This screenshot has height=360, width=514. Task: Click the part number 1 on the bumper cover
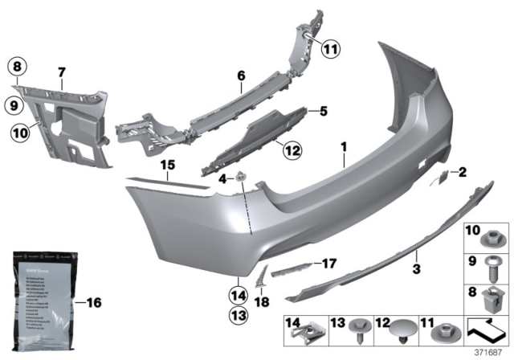coord(344,148)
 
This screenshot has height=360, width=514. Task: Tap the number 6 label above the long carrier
coord(239,76)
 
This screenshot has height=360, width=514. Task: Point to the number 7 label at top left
coord(60,73)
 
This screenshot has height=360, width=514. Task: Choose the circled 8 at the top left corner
coord(18,67)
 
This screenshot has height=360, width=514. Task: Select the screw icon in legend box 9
coord(488,264)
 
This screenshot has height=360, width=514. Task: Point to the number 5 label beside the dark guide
coord(324,112)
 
